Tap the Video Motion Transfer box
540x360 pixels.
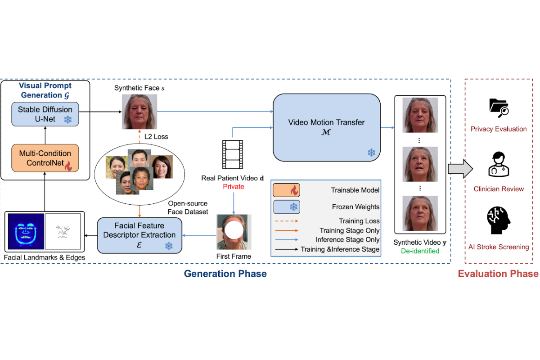[x=326, y=127]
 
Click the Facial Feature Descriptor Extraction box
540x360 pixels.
[x=139, y=234]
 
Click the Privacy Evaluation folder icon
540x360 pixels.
[x=498, y=107]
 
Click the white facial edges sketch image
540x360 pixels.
[x=62, y=232]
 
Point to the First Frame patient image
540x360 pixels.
[x=233, y=231]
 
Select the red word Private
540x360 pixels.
[x=233, y=186]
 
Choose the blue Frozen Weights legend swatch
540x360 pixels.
[x=286, y=207]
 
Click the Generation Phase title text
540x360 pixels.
[x=225, y=274]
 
